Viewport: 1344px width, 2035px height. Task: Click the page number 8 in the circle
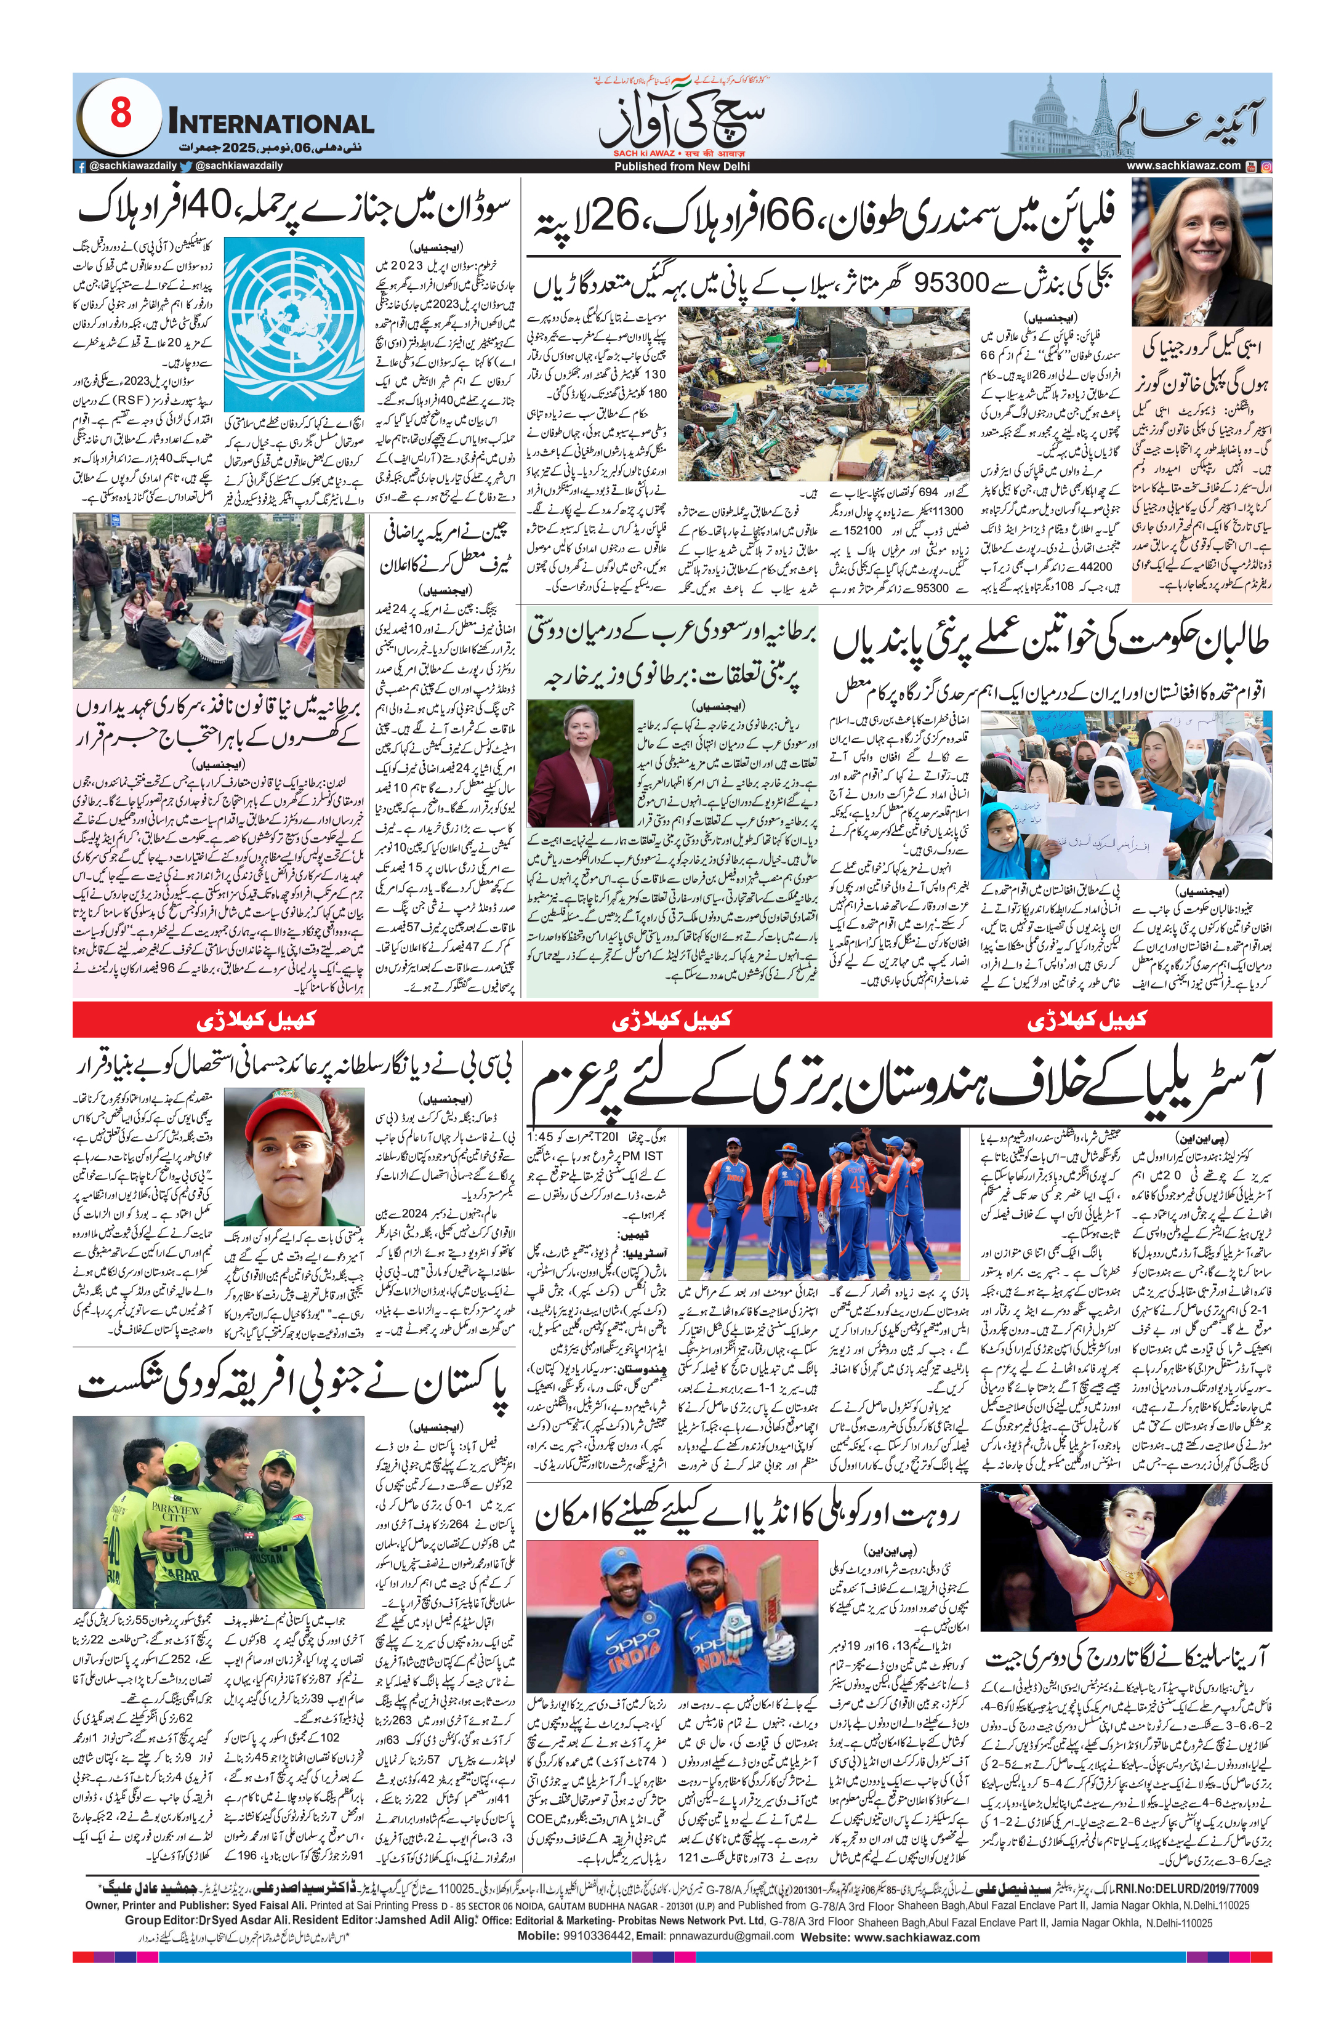coord(120,113)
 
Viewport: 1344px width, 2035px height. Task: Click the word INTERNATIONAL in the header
coord(271,123)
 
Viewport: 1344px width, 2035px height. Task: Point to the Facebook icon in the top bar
coord(79,166)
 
